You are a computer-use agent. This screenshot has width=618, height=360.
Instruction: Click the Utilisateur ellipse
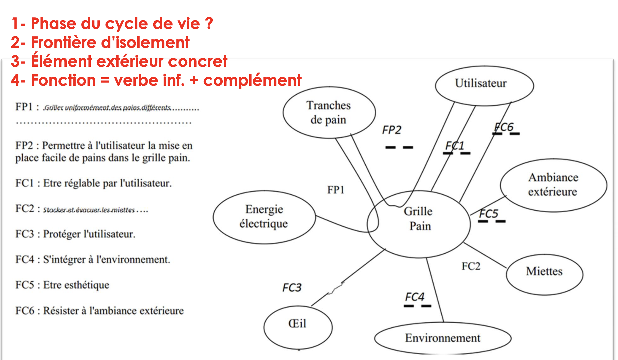pos(484,86)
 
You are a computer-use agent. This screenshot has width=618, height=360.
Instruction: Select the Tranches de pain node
pos(329,112)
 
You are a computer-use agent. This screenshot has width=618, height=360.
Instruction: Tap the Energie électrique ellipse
pos(264,217)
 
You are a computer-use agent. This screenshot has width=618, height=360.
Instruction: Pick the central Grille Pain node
pos(419,224)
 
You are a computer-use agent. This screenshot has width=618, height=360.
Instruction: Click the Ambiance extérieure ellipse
pos(553,185)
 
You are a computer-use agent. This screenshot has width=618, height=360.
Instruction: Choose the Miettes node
pos(544,274)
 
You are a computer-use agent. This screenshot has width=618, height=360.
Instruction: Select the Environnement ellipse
pos(443,338)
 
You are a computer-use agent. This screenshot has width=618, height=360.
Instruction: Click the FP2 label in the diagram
pos(392,130)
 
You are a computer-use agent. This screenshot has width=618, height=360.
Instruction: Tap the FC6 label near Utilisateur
pos(504,127)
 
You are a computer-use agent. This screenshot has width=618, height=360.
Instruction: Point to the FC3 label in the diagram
pos(292,288)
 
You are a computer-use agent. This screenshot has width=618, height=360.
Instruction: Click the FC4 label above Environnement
pos(415,297)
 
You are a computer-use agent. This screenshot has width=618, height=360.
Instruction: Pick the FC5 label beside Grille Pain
pos(489,213)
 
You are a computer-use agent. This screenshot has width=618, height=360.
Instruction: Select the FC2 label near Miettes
pos(471,266)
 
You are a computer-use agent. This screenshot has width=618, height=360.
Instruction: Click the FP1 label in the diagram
pos(336,190)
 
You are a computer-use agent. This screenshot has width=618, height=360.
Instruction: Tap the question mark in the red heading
pos(209,23)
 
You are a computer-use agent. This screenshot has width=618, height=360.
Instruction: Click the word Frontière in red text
pos(63,42)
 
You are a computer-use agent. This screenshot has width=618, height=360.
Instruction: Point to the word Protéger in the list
pos(62,234)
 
